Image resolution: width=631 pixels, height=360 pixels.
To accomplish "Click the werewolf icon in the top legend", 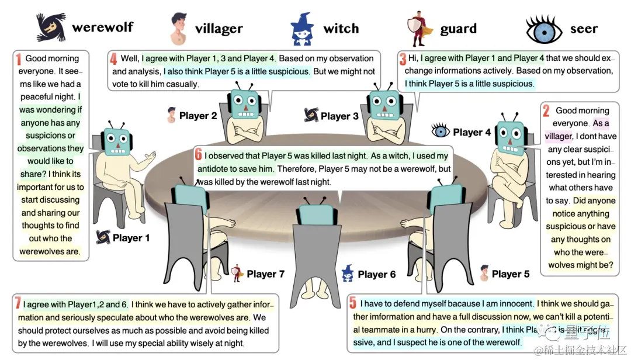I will coord(51,27).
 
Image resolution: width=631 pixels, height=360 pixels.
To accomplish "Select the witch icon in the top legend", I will coord(303,29).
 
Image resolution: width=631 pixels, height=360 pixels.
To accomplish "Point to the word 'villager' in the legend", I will coord(219,29).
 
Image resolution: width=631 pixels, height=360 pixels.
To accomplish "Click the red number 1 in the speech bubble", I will coord(19,58).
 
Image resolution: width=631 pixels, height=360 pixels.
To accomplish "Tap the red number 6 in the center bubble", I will coord(198,155).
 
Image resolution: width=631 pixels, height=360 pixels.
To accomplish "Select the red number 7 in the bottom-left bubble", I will coord(18,304).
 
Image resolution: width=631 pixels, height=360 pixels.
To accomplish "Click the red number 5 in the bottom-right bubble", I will coord(353,303).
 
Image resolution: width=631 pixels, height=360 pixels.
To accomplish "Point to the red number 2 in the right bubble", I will coord(546,110).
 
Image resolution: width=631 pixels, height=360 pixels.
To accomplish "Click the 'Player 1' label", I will coord(131,238).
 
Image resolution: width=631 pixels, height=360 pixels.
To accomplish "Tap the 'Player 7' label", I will coord(265,274).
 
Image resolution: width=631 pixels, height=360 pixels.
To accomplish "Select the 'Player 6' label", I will coord(376,274).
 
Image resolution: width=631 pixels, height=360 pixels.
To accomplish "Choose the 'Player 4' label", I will coord(472,132).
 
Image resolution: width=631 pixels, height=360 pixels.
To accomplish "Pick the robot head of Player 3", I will coord(383,103).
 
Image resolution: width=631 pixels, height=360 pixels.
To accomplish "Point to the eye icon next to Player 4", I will coord(441,131).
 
